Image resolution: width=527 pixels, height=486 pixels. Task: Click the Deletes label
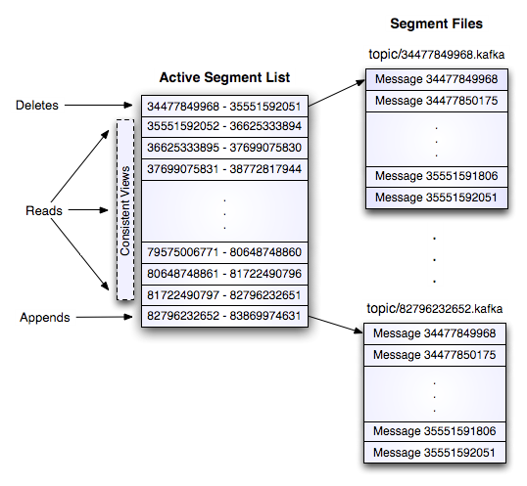tap(37, 105)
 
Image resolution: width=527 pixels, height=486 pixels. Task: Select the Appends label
tap(45, 318)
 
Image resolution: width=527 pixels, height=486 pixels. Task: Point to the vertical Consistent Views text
tap(125, 209)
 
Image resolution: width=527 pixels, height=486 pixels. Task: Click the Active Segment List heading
tap(224, 77)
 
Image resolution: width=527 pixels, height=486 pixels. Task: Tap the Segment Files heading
tap(437, 23)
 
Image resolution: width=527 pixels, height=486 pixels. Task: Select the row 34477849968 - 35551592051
tap(224, 106)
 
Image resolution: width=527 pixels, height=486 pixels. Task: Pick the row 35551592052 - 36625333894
tap(224, 127)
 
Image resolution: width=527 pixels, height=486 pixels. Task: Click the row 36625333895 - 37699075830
tap(224, 148)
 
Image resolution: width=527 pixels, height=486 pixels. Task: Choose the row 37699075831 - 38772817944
tap(224, 169)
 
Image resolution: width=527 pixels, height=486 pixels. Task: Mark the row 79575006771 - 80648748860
tap(224, 252)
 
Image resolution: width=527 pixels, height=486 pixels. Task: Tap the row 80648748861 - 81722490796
tap(224, 273)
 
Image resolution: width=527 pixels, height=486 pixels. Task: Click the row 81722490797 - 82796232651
tap(224, 294)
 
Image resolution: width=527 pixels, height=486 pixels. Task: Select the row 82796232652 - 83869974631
tap(224, 316)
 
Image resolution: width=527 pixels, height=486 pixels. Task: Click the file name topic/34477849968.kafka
tap(436, 54)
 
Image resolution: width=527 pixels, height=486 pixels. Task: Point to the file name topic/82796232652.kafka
tap(436, 309)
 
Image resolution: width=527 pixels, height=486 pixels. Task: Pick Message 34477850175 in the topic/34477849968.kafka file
tap(436, 101)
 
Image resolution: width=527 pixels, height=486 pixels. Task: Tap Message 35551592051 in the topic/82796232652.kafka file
tap(436, 453)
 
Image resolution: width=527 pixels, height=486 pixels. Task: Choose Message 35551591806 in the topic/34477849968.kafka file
tap(436, 176)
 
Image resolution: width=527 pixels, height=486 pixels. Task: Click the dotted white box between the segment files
tap(436, 252)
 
